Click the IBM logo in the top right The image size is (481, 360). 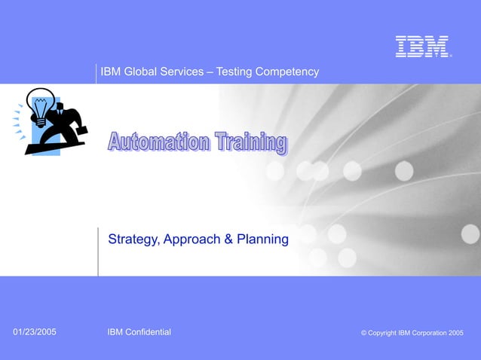coord(422,47)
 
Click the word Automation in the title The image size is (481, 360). coord(158,142)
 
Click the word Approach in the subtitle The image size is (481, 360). coord(189,239)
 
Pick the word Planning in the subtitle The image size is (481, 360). coord(262,239)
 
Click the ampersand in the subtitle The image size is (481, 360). coord(228,239)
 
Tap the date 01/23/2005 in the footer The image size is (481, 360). coord(35,332)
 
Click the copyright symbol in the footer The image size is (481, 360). coord(364,333)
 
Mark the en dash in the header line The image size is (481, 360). coord(211,72)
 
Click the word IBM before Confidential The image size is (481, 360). coord(115,332)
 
